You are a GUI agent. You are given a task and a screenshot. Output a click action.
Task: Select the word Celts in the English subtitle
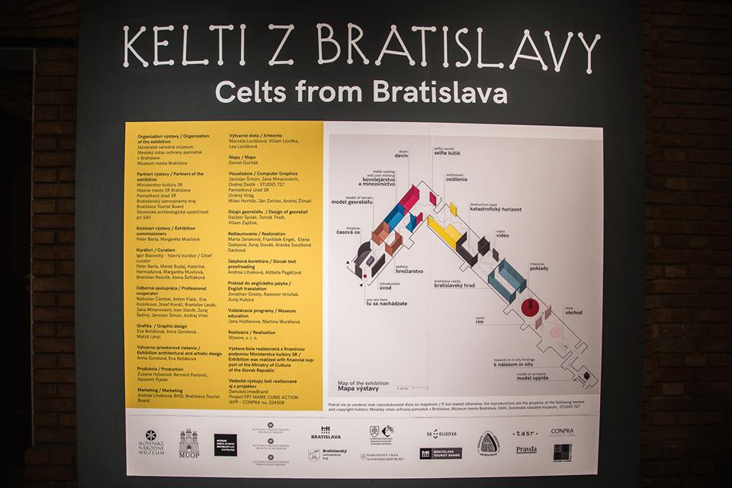(x=249, y=92)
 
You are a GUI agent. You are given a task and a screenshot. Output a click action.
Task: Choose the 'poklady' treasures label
(x=540, y=268)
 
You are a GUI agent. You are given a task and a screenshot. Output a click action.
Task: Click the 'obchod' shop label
(x=573, y=312)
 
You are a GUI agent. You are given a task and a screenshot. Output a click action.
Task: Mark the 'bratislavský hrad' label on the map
(x=455, y=285)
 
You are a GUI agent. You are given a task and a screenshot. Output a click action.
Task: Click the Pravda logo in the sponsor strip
(x=526, y=449)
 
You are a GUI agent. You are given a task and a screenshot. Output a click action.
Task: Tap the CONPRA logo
(x=563, y=432)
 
